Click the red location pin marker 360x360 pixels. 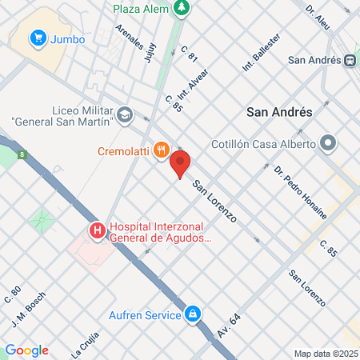[x=180, y=164]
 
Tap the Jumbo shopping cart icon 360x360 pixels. [x=37, y=38]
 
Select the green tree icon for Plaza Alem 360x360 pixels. [x=183, y=7]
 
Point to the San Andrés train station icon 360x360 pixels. [x=350, y=59]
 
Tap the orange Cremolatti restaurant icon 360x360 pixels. [x=162, y=149]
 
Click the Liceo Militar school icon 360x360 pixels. [x=124, y=115]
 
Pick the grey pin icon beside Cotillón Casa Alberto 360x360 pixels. [x=327, y=144]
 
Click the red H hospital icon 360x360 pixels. [x=98, y=232]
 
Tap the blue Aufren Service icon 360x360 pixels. [x=192, y=314]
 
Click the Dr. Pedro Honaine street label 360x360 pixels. [x=300, y=192]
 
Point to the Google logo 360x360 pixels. [x=26, y=350]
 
